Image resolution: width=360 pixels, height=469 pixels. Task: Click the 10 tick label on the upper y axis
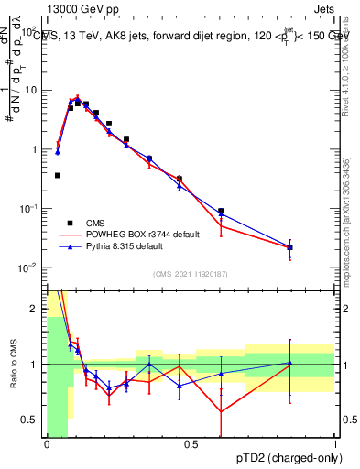(x=30, y=90)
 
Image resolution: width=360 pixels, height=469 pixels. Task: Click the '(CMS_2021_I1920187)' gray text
(x=191, y=274)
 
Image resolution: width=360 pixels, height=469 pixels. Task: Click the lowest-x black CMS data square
(x=57, y=175)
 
